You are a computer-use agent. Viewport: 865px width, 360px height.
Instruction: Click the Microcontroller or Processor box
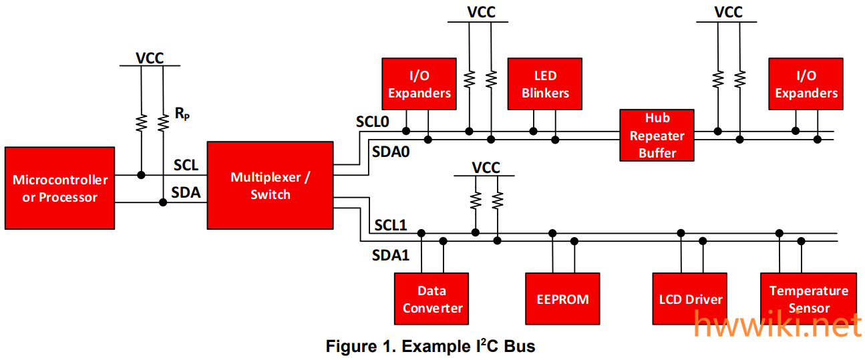pos(60,188)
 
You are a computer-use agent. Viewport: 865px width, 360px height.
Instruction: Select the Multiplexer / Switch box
pos(270,186)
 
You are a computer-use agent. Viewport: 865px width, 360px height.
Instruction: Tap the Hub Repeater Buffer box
pos(657,136)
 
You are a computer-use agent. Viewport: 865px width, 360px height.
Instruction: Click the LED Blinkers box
pos(545,84)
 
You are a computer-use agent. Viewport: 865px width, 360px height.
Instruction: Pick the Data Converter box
pos(431,299)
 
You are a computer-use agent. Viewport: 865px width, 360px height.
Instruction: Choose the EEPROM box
pos(562,299)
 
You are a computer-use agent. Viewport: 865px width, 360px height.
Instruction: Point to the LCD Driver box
pos(689,299)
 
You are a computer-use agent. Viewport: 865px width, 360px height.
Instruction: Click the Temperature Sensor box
pos(808,299)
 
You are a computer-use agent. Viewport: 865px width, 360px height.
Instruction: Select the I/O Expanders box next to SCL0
pos(419,84)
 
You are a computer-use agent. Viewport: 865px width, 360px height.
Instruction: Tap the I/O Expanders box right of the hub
pos(806,84)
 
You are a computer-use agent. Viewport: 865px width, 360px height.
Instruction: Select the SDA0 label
pos(391,152)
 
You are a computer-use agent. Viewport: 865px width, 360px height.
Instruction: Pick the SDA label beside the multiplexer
pos(186,193)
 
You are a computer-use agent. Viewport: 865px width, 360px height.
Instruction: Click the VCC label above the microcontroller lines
pos(150,57)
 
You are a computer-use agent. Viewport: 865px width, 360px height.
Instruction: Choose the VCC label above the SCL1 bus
pos(486,168)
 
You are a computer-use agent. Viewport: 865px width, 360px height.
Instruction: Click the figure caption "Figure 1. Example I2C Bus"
pos(430,347)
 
